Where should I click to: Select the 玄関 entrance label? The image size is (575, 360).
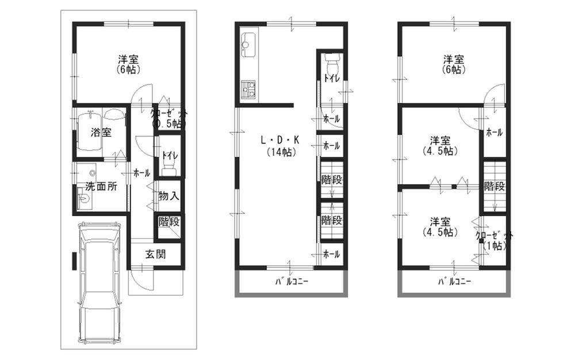[x=155, y=254]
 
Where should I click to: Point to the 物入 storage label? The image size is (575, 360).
[x=168, y=196]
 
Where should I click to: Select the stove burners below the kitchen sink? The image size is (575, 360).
[x=250, y=90]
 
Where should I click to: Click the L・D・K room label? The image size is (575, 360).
[x=280, y=140]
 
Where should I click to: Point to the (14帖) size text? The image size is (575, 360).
[x=281, y=152]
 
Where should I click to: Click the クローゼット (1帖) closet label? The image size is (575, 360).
[x=494, y=240]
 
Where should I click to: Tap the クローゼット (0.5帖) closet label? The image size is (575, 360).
[x=168, y=118]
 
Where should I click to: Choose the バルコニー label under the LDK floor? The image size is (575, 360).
[x=292, y=282]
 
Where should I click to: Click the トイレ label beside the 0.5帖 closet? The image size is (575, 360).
[x=170, y=155]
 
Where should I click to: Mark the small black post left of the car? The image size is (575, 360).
[x=74, y=261]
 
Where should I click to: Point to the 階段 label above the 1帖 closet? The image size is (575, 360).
[x=494, y=186]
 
